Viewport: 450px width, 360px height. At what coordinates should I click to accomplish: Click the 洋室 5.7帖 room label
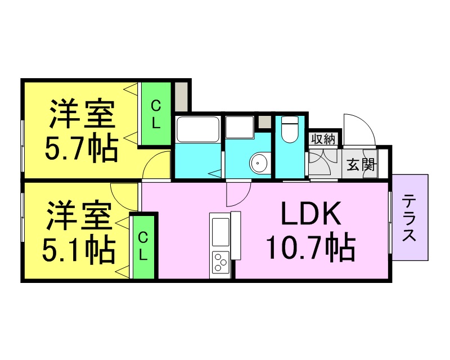(x=82, y=130)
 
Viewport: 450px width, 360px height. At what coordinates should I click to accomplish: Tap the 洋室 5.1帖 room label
(x=79, y=232)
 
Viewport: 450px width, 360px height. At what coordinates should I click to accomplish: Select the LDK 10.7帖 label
(x=310, y=231)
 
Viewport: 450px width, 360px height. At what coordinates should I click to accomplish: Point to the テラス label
(x=409, y=218)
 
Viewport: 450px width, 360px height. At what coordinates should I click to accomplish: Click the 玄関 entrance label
(x=361, y=164)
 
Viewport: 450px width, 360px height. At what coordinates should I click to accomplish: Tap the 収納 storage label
(x=323, y=139)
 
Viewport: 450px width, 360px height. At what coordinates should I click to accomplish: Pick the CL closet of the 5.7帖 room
(x=156, y=114)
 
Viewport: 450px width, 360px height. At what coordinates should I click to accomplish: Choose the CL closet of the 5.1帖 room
(x=143, y=247)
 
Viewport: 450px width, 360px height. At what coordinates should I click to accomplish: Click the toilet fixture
(x=289, y=129)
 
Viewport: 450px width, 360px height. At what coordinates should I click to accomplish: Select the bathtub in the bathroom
(x=198, y=129)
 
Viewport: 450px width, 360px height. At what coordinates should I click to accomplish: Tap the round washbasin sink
(x=259, y=163)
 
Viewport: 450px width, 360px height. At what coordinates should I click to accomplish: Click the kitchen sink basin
(x=220, y=232)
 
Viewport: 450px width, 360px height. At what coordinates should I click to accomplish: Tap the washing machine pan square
(x=240, y=127)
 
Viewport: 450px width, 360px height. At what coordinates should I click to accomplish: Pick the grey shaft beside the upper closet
(x=181, y=97)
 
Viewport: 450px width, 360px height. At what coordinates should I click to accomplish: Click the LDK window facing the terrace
(x=390, y=222)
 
